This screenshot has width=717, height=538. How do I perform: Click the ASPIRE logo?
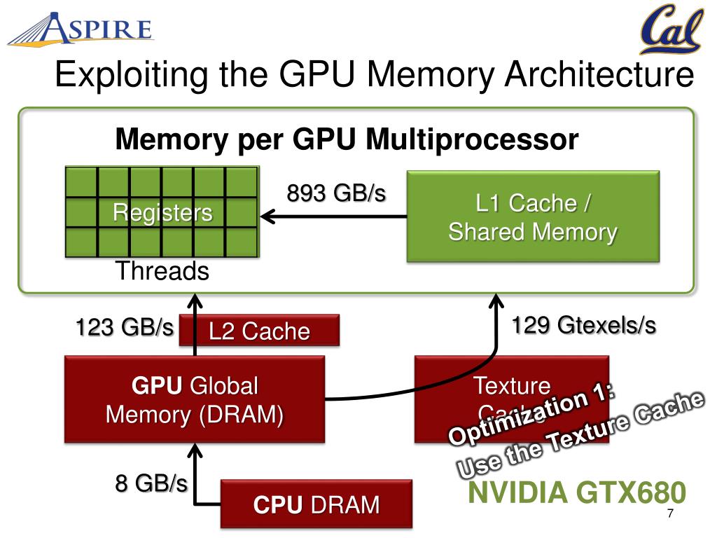pyautogui.click(x=81, y=29)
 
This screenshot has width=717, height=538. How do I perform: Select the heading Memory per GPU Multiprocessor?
pyautogui.click(x=347, y=139)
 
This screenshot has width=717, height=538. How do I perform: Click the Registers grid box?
pyautogui.click(x=162, y=212)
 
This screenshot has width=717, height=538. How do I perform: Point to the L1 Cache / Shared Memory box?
pyautogui.click(x=533, y=217)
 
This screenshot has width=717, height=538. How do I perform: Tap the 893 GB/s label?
pyautogui.click(x=336, y=193)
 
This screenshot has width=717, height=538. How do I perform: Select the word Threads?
pyautogui.click(x=162, y=271)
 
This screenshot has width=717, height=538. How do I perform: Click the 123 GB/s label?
pyautogui.click(x=125, y=326)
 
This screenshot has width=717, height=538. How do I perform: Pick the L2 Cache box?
pyautogui.click(x=259, y=331)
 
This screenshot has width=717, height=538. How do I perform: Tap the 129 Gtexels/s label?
pyautogui.click(x=583, y=325)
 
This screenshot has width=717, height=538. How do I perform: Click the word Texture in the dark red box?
pyautogui.click(x=512, y=385)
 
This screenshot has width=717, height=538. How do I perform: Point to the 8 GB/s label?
pyautogui.click(x=151, y=483)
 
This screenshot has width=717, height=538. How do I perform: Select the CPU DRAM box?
pyautogui.click(x=316, y=504)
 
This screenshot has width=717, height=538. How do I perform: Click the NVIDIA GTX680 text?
pyautogui.click(x=576, y=493)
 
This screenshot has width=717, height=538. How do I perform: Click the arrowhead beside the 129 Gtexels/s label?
pyautogui.click(x=496, y=304)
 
